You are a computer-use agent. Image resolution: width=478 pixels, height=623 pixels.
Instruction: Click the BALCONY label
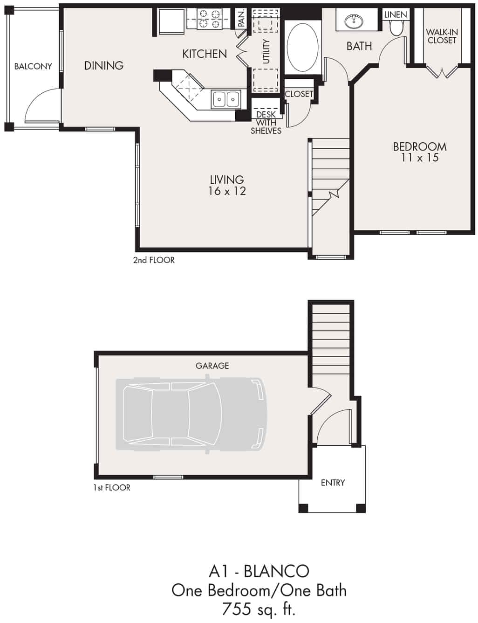tap(33, 66)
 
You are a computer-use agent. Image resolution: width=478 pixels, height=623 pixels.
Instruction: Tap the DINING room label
tap(103, 66)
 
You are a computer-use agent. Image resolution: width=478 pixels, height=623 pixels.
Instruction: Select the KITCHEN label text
tap(205, 54)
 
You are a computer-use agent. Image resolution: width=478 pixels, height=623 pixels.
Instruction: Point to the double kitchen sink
tap(226, 99)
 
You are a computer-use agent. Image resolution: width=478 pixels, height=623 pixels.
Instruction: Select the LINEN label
tap(396, 15)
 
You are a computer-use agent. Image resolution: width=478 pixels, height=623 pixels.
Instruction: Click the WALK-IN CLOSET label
tap(442, 36)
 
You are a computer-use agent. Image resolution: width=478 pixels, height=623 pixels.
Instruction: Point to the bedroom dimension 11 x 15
tap(420, 158)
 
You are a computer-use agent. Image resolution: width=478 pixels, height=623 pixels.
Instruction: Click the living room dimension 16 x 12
tap(227, 191)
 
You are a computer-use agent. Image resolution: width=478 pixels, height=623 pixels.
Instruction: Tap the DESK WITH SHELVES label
tap(266, 123)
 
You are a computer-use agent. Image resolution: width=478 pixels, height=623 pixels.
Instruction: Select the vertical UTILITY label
tap(266, 51)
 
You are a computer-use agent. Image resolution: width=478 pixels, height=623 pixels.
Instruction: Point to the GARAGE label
tap(212, 366)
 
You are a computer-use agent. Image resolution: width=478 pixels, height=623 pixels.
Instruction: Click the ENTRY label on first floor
tap(333, 483)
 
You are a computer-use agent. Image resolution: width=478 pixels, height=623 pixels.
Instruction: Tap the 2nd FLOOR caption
tap(154, 260)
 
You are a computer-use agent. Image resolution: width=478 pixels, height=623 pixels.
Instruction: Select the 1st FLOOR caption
tap(112, 488)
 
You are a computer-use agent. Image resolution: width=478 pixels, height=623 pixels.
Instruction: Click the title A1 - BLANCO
tap(259, 571)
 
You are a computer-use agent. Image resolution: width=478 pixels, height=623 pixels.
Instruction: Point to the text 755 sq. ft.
tap(259, 609)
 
